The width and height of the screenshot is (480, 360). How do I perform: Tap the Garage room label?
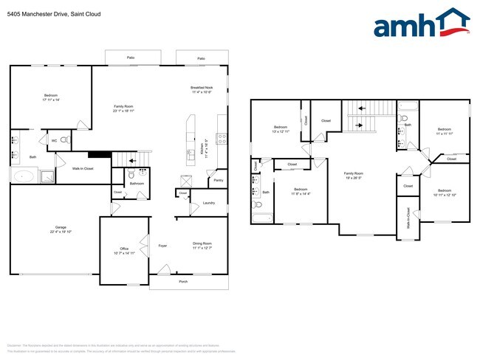click(50, 228)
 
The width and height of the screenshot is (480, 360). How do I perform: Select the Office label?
click(124, 249)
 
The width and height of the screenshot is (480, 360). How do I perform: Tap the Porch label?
click(182, 281)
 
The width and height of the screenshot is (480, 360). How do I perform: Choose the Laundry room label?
click(208, 203)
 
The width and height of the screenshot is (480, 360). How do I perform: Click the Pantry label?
click(218, 180)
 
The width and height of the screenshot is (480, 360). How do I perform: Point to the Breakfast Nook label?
click(202, 88)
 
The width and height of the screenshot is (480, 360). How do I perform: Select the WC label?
click(54, 140)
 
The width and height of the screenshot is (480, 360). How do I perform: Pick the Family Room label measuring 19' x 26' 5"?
click(354, 173)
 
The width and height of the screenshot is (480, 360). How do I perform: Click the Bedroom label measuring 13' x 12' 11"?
click(281, 126)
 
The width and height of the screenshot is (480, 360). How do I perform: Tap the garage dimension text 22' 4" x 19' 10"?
click(50, 232)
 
